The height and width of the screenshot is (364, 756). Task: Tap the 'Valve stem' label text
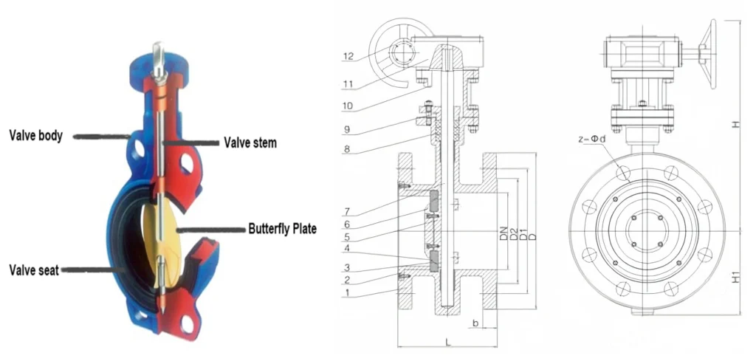click(250, 142)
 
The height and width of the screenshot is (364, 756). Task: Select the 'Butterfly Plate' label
click(281, 230)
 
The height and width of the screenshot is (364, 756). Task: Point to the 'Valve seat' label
click(34, 270)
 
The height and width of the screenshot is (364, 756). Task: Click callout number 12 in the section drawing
click(349, 55)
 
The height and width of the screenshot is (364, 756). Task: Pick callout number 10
click(349, 106)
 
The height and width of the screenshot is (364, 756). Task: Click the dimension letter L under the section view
click(447, 341)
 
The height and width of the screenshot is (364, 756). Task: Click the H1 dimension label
click(735, 277)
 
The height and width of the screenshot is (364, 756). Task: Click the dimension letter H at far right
click(735, 126)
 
